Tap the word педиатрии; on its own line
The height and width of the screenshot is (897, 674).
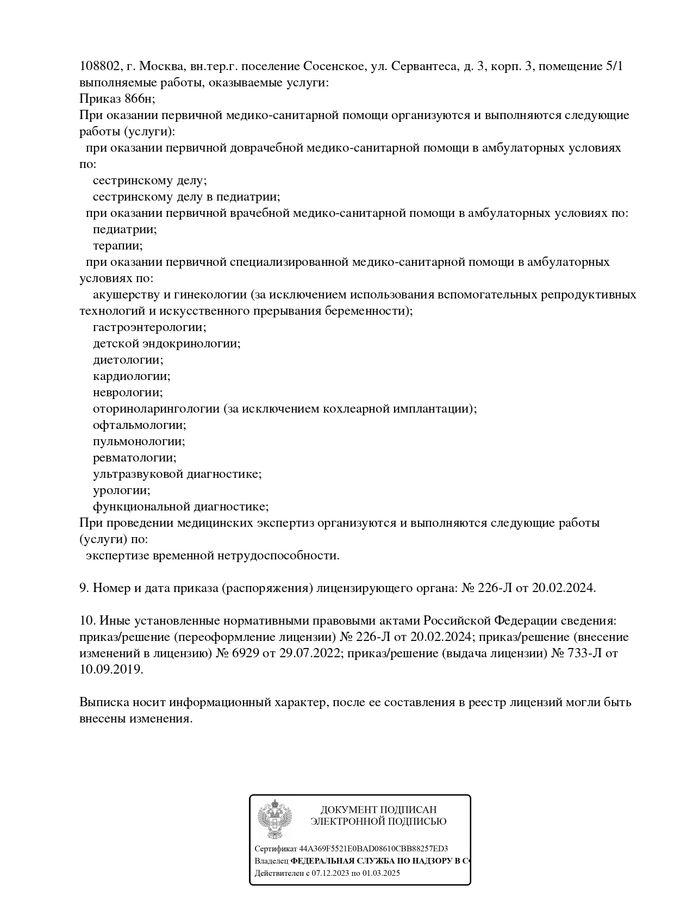click(x=125, y=229)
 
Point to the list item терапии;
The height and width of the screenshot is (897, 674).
click(x=118, y=246)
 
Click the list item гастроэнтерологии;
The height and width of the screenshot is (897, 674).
click(x=149, y=327)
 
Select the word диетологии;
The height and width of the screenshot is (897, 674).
click(x=128, y=360)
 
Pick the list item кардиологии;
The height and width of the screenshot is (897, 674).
click(x=132, y=376)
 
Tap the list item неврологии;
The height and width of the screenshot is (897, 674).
click(x=128, y=393)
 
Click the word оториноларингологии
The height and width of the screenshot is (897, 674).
click(x=156, y=409)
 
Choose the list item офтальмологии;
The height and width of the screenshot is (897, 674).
click(x=140, y=425)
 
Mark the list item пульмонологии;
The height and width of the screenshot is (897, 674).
click(x=139, y=441)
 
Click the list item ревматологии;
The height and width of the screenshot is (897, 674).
click(x=135, y=458)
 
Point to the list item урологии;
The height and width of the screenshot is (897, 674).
click(x=122, y=490)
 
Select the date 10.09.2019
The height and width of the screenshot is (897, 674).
click(x=111, y=670)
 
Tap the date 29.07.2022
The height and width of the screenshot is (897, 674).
click(x=309, y=653)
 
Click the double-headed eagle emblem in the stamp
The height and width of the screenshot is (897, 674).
click(x=275, y=820)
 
